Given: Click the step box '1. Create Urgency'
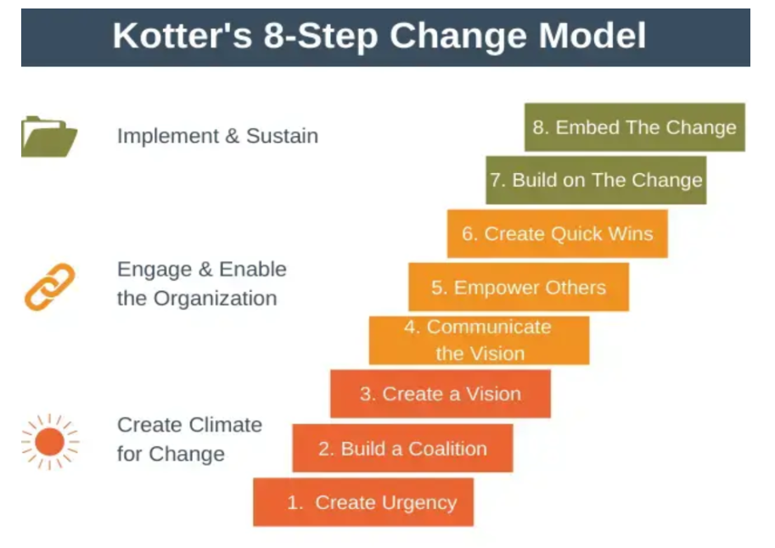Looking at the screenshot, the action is click(x=363, y=502).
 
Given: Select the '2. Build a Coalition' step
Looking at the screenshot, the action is click(x=402, y=448).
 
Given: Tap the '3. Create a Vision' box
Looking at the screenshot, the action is click(x=441, y=394).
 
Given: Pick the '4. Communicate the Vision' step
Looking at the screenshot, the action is click(x=479, y=340).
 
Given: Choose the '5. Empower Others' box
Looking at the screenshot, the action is click(x=519, y=287).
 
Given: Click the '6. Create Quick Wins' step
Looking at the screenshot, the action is click(x=558, y=234).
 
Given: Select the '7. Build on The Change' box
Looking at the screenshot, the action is click(x=596, y=181).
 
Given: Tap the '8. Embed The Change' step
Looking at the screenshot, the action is click(x=635, y=127).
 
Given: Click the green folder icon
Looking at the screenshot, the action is click(x=49, y=137).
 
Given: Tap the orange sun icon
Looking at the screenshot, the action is click(x=50, y=442).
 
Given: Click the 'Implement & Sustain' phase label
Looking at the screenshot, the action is click(x=217, y=136).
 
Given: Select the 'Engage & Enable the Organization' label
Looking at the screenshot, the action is click(x=202, y=283).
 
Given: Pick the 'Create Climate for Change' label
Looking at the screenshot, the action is click(x=189, y=439).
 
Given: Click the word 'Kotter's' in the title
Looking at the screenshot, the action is click(x=183, y=36).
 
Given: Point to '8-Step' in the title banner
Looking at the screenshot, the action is click(x=321, y=36).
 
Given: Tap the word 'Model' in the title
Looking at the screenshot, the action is click(x=592, y=36).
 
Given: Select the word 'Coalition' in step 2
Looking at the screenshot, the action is click(x=448, y=449).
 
